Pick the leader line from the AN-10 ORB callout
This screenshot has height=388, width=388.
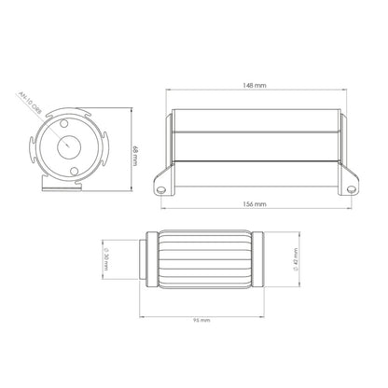(x=51, y=126)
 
